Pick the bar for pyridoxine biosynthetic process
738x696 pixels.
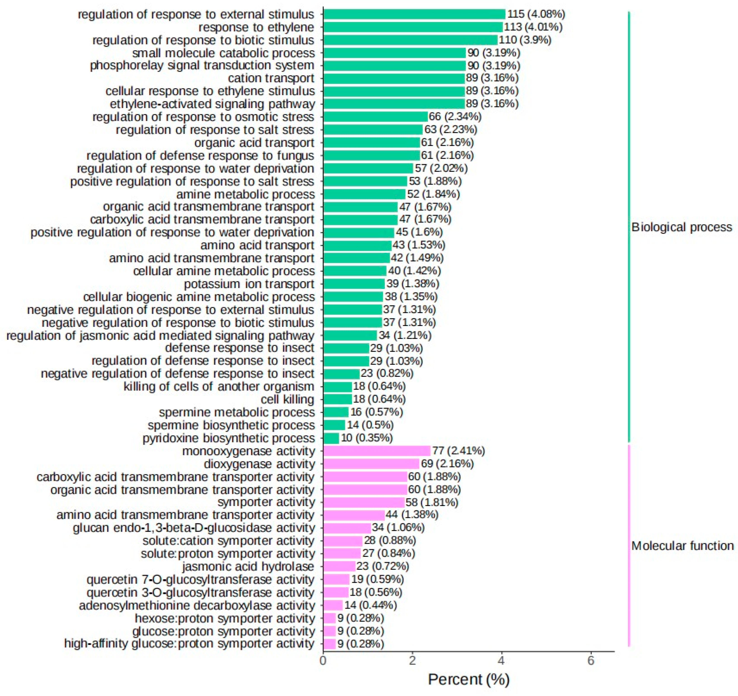tap(331, 438)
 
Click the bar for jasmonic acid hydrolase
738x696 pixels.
tap(339, 567)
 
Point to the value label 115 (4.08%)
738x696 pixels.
tap(536, 14)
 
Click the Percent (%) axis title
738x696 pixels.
tap(469, 680)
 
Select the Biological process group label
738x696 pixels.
tap(681, 227)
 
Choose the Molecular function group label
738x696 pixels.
tap(682, 546)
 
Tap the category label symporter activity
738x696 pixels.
tap(266, 502)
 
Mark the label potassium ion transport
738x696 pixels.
tap(249, 284)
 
